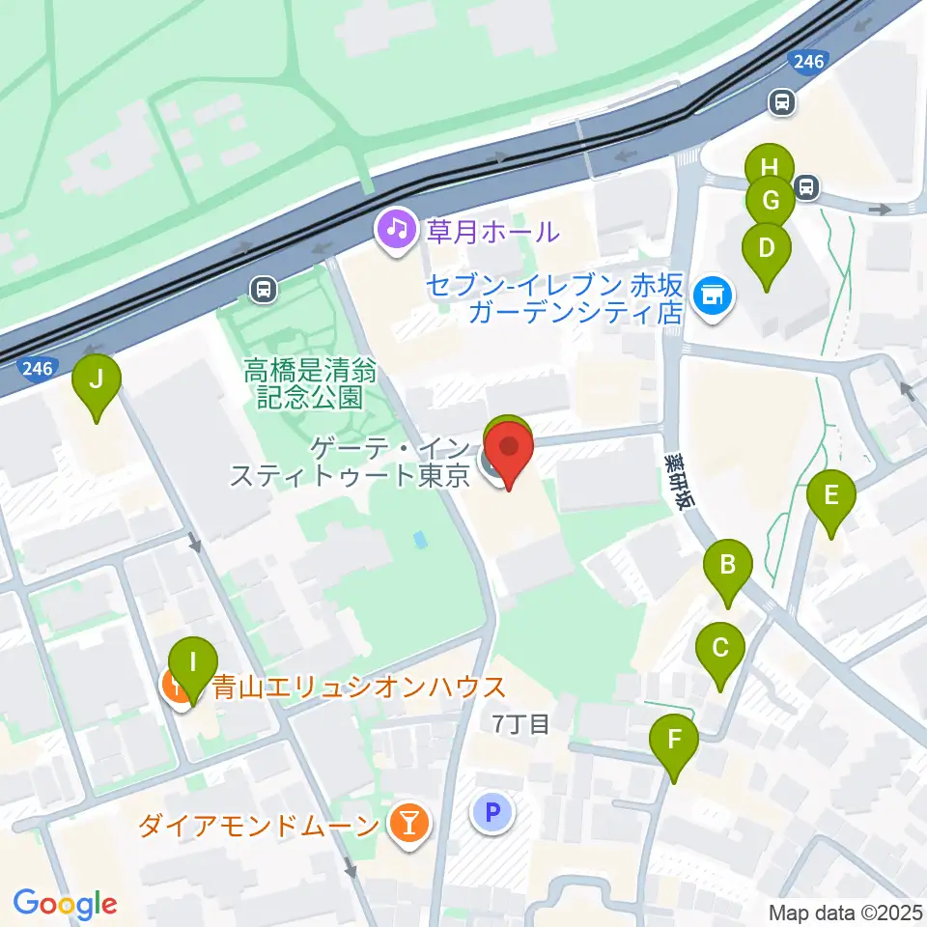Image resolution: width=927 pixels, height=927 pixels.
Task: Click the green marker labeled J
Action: click(97, 379)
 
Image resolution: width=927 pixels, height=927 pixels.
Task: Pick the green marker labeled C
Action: click(720, 648)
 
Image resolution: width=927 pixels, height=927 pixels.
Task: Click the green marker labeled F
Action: click(674, 742)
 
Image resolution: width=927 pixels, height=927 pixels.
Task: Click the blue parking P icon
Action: click(492, 812)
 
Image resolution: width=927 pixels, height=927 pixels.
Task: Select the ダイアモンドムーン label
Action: click(258, 827)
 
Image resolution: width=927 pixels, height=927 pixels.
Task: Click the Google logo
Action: click(64, 904)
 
